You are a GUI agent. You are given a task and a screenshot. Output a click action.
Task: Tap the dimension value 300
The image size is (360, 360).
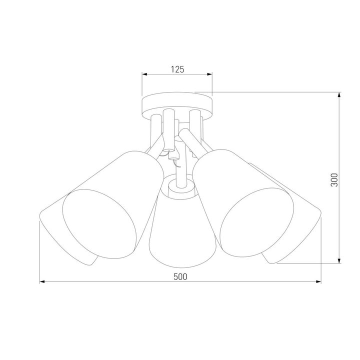(334, 179)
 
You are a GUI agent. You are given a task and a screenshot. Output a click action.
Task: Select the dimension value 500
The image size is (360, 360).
(180, 277)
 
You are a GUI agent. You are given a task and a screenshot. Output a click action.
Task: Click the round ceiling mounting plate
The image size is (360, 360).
(177, 103)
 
